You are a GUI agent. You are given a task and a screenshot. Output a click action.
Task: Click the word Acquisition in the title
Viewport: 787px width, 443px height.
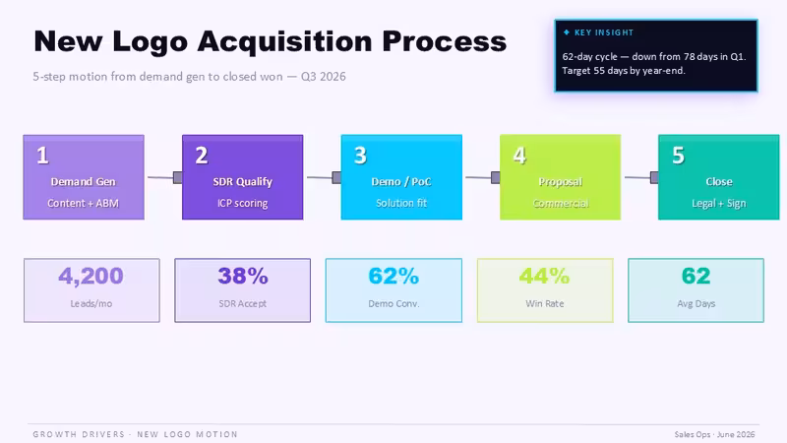pyautogui.click(x=284, y=41)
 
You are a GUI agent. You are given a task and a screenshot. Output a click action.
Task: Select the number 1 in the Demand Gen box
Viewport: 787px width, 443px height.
pyautogui.click(x=42, y=156)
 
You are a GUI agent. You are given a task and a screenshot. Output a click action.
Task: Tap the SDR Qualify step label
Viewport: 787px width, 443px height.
pyautogui.click(x=242, y=181)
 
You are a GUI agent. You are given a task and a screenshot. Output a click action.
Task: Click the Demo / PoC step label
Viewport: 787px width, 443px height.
pyautogui.click(x=401, y=181)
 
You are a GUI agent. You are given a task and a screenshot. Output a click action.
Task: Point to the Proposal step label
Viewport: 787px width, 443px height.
pyautogui.click(x=560, y=181)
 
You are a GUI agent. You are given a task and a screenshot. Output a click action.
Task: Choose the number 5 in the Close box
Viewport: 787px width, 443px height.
pyautogui.click(x=678, y=156)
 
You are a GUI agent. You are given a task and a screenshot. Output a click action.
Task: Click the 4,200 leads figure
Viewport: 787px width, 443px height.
pyautogui.click(x=91, y=276)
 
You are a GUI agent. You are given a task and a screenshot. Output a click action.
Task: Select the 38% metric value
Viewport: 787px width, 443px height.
pyautogui.click(x=243, y=276)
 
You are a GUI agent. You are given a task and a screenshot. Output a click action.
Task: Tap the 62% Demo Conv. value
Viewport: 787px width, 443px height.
pyautogui.click(x=393, y=276)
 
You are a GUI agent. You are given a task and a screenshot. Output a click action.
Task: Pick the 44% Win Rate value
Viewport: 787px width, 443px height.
pyautogui.click(x=545, y=276)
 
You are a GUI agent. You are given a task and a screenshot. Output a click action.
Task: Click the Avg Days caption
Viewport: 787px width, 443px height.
pyautogui.click(x=696, y=303)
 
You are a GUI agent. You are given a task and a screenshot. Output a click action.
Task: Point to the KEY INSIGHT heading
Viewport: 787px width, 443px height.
pyautogui.click(x=604, y=32)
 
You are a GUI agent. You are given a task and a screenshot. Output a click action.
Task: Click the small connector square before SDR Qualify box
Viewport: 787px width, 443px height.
pyautogui.click(x=178, y=177)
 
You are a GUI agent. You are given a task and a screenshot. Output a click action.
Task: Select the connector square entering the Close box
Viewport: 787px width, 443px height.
pyautogui.click(x=654, y=177)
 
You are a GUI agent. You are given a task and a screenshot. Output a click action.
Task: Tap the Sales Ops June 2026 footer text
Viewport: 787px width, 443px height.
pyautogui.click(x=714, y=434)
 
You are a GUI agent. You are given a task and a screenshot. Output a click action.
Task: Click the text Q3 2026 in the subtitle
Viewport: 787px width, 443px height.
pyautogui.click(x=324, y=77)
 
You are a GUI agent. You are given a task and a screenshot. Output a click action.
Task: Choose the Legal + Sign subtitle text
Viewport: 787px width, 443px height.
pyautogui.click(x=719, y=203)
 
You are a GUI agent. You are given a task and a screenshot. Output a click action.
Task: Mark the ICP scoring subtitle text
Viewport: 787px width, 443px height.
pyautogui.click(x=242, y=203)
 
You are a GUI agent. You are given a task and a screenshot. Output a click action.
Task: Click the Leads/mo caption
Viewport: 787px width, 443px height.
pyautogui.click(x=91, y=303)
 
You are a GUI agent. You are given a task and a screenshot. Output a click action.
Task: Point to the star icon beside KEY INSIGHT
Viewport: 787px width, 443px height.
pyautogui.click(x=567, y=32)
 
